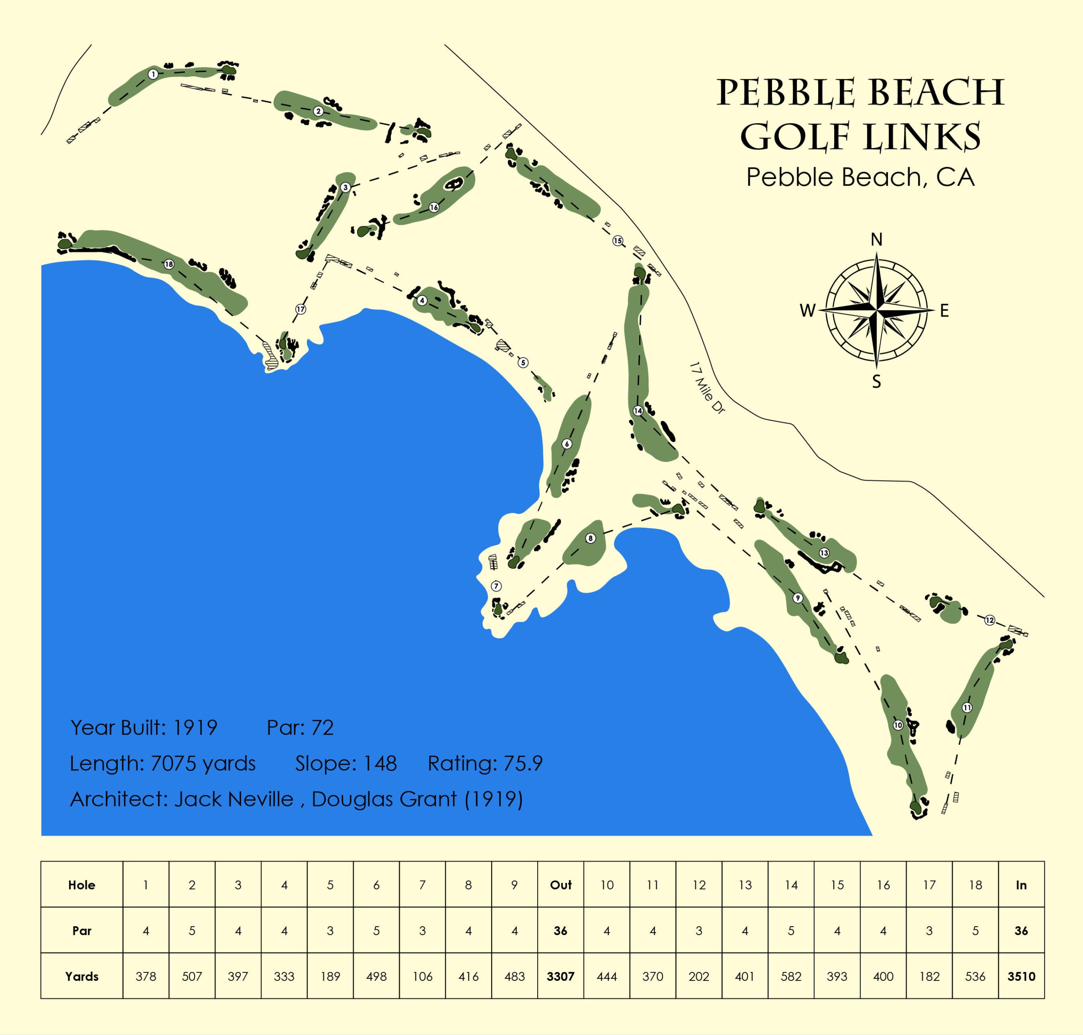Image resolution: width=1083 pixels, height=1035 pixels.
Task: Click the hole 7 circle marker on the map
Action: coord(496,586)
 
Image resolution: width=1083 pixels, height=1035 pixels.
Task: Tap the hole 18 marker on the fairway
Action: coord(169,264)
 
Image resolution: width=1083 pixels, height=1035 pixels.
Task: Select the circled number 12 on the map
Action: coord(989,620)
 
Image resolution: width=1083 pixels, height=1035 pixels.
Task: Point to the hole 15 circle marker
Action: coord(617,240)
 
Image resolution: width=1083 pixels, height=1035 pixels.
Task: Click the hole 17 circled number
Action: coord(300,309)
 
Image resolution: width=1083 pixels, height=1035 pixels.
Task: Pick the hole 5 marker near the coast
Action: coord(522,363)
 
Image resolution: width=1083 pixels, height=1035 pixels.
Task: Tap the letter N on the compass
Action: coord(876,239)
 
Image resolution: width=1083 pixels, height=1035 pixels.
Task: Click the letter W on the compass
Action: coord(807,311)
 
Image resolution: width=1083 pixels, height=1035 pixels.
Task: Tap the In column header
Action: coord(1021,885)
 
